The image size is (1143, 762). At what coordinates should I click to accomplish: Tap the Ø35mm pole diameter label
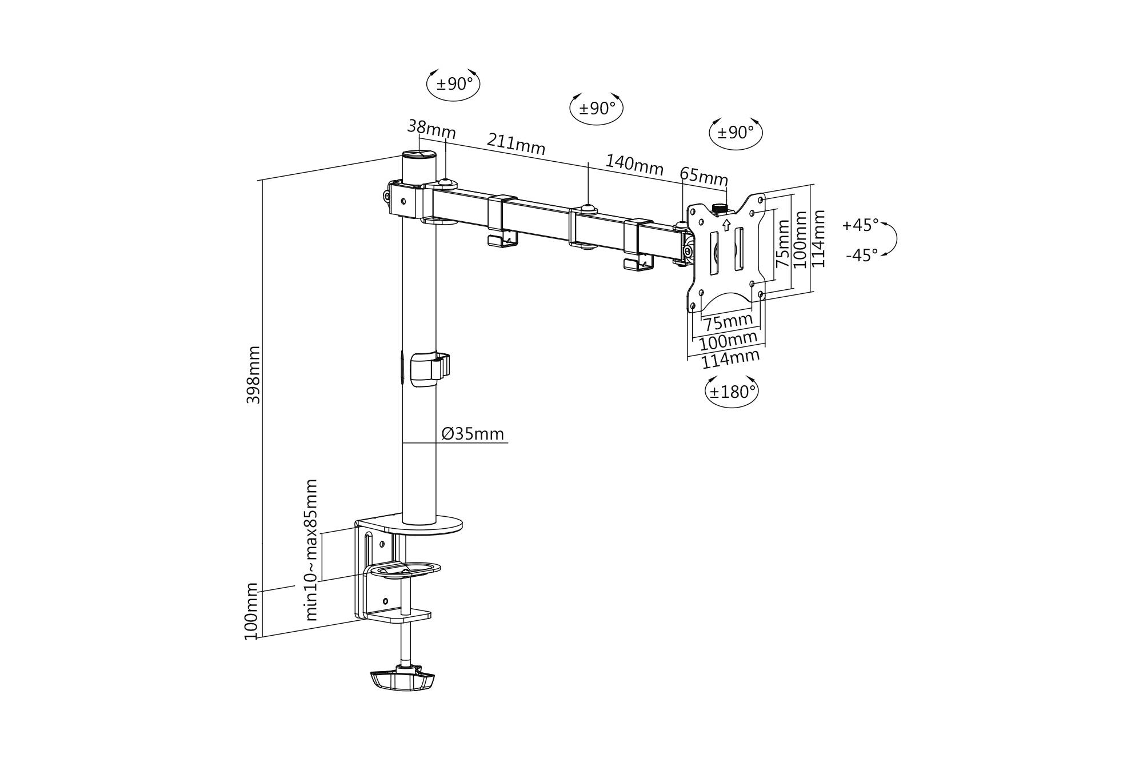click(x=473, y=434)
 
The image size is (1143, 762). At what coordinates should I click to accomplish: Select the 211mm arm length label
click(x=516, y=144)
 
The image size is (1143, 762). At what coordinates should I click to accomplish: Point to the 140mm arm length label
click(x=634, y=165)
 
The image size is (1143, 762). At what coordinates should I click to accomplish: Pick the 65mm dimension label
click(x=704, y=176)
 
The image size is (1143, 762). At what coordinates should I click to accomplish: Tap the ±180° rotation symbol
click(x=732, y=392)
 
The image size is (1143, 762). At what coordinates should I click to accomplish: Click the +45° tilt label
click(x=860, y=225)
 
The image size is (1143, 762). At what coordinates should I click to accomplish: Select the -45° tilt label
click(x=861, y=255)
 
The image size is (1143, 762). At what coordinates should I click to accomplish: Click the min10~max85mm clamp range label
click(x=311, y=550)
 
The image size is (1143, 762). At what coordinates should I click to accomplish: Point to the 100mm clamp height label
click(x=251, y=612)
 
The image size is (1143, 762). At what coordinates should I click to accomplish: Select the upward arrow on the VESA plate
click(x=726, y=225)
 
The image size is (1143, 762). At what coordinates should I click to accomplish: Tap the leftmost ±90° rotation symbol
click(x=454, y=85)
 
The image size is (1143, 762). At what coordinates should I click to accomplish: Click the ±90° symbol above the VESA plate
click(x=736, y=133)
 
